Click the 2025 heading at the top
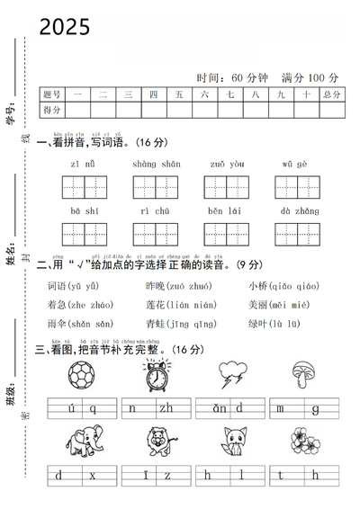click(65, 28)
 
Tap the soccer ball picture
click(84, 376)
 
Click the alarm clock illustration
click(158, 376)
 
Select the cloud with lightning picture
click(231, 375)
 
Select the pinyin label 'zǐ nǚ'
click(84, 165)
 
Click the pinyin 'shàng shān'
click(156, 165)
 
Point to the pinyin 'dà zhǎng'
click(299, 211)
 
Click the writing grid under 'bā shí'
click(84, 234)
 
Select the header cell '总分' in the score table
click(331, 94)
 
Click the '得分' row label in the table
click(52, 110)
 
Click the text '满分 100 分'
click(309, 78)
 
